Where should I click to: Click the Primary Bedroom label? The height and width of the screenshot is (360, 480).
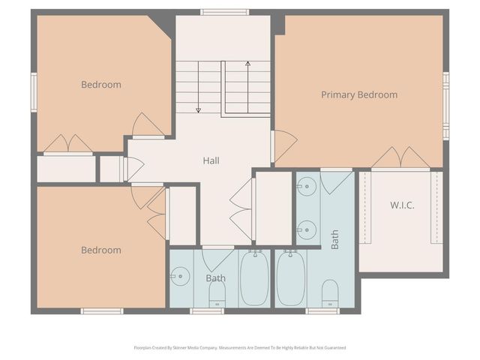point(359,95)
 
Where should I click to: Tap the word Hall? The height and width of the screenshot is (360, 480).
point(211,160)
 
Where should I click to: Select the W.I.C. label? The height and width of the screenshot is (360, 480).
point(402,205)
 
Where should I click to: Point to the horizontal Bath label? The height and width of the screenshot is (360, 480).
point(216,278)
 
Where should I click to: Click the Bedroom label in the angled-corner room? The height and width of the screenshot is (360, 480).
point(101,85)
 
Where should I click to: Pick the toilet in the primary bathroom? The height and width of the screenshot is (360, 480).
point(330,293)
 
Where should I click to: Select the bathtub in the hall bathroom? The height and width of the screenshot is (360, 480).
point(254,277)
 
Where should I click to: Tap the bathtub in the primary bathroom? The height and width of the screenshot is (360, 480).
point(290,277)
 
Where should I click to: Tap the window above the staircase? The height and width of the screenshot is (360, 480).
point(224,12)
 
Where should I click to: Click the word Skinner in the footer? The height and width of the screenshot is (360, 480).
point(185,348)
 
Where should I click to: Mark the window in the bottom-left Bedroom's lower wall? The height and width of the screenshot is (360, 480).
point(102,310)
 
